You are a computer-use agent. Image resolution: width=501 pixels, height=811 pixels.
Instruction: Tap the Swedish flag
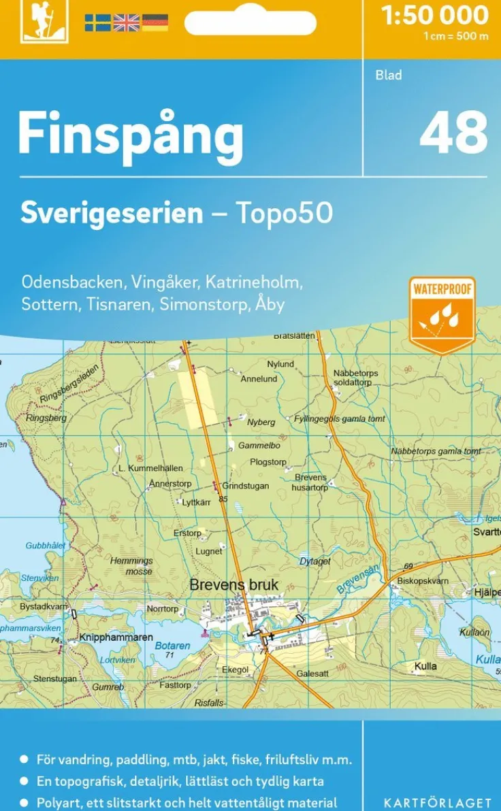point(97,22)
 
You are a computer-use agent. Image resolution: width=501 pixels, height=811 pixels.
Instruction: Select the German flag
point(155,22)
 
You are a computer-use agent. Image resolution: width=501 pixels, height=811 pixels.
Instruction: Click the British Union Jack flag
point(126,22)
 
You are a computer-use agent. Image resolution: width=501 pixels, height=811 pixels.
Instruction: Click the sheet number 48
point(453,132)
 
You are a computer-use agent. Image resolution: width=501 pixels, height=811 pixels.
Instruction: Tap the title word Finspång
point(130,134)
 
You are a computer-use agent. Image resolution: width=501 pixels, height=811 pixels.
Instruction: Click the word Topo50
point(284,214)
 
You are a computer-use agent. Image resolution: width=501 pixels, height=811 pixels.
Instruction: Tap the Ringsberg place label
point(46,418)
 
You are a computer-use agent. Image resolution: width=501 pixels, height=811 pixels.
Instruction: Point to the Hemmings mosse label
point(133,566)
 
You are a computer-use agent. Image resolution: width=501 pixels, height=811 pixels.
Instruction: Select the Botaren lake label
point(172,646)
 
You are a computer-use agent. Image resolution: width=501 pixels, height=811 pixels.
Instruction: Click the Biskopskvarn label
point(423,581)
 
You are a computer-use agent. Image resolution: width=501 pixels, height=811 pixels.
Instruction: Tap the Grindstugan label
point(246,486)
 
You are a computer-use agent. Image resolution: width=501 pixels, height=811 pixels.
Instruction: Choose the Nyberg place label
point(261,422)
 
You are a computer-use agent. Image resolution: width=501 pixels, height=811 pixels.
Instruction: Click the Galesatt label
point(312,674)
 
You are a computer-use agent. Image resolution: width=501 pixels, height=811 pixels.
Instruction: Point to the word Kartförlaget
point(437,803)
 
